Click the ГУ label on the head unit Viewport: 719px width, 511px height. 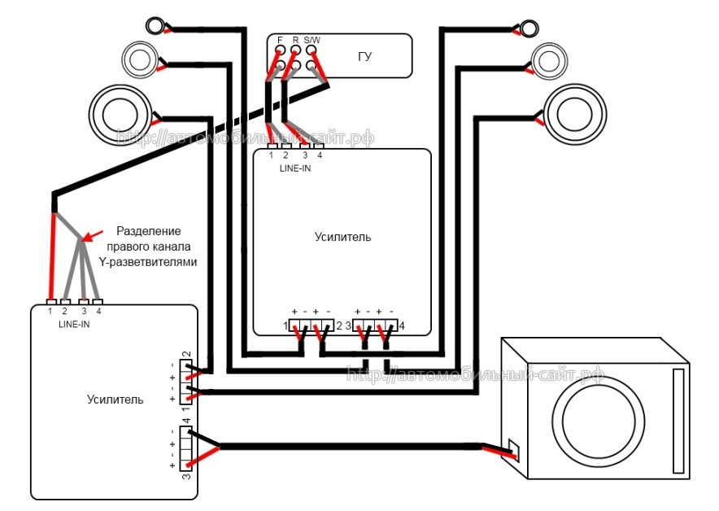(364, 57)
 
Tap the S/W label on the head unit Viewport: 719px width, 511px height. (312, 41)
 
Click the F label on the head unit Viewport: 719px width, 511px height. (280, 41)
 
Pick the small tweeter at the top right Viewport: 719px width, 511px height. (529, 28)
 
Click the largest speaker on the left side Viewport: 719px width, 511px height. (120, 115)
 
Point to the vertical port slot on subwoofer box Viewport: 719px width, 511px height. (678, 421)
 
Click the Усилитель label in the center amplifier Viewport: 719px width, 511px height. (342, 237)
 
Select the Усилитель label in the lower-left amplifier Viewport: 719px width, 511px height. (115, 400)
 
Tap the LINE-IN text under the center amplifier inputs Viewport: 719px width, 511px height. (295, 168)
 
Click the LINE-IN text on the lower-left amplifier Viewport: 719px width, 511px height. (74, 325)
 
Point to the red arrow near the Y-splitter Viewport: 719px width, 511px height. (93, 236)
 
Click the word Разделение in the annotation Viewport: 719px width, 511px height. (149, 231)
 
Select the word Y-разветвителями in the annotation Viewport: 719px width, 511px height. (148, 262)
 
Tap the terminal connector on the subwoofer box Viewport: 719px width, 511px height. (513, 449)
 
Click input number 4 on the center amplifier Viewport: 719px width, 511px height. (320, 155)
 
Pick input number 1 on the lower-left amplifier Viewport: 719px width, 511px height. (50, 311)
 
